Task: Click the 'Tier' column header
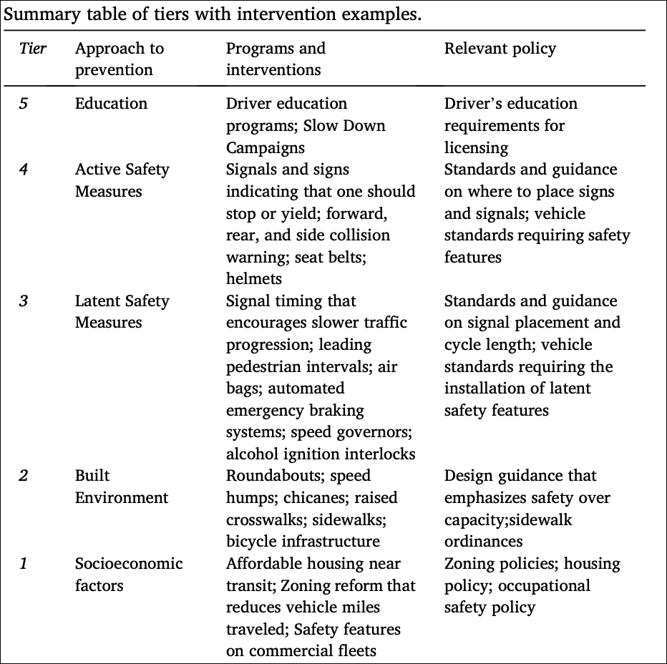[33, 49]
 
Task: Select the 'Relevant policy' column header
[500, 49]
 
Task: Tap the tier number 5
[24, 104]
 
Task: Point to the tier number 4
[24, 170]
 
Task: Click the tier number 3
[24, 301]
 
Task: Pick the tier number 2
[24, 476]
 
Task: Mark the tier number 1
[24, 564]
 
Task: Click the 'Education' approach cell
[111, 104]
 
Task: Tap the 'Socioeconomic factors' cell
[129, 575]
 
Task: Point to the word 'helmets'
[254, 279]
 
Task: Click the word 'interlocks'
[379, 454]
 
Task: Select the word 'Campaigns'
[266, 148]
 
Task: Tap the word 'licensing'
[476, 148]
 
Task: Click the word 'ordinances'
[484, 542]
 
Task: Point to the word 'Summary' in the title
[36, 14]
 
